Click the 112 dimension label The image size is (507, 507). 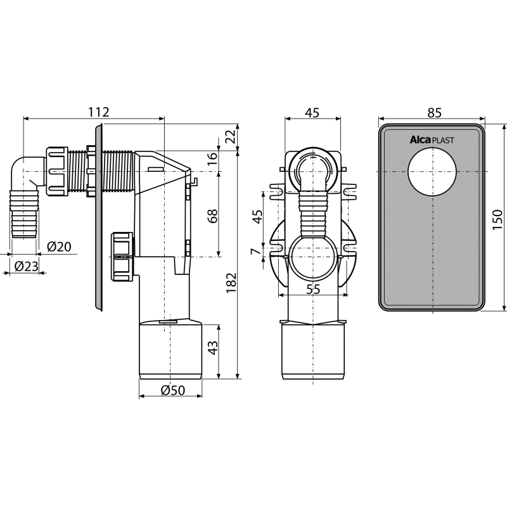99,112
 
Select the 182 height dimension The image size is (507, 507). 231,283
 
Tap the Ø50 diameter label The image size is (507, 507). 173,390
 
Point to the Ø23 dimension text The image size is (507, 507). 27,266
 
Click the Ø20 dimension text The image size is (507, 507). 59,247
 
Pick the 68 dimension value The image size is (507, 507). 213,216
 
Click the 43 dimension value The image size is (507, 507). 213,347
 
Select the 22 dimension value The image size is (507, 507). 231,136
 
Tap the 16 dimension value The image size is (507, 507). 212,158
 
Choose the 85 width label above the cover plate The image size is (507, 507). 434,113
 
